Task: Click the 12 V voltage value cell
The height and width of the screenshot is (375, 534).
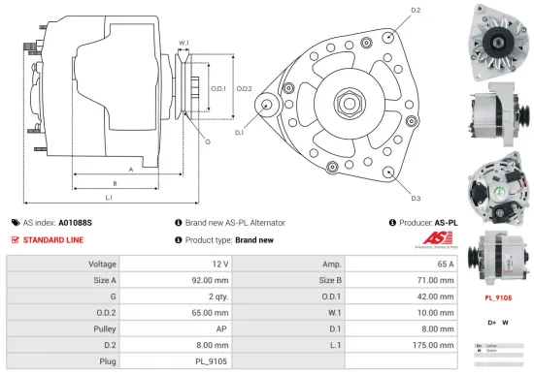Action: click(x=218, y=264)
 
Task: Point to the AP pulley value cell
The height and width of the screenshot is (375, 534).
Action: click(x=222, y=329)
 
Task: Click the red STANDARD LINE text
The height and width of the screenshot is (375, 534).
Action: click(x=53, y=239)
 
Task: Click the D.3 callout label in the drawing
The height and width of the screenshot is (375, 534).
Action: click(x=416, y=198)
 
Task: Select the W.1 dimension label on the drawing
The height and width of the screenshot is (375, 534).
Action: click(x=184, y=43)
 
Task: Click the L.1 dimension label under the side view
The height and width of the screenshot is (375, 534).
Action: click(x=109, y=198)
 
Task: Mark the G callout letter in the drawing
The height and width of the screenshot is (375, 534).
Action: click(x=207, y=142)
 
